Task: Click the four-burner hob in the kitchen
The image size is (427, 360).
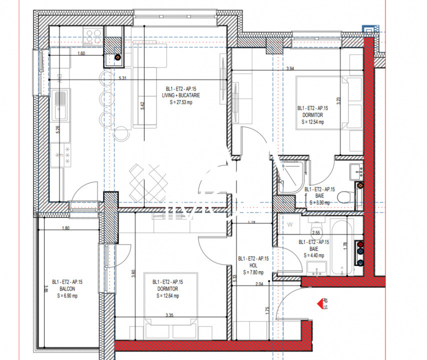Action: click(x=93, y=35)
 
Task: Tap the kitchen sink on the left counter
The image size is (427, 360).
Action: click(x=59, y=102)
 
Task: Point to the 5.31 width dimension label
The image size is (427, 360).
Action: click(x=122, y=78)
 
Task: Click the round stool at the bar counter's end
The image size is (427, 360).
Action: click(x=120, y=134)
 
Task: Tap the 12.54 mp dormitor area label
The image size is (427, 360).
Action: click(x=312, y=121)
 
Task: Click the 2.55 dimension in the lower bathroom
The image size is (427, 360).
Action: click(x=316, y=232)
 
